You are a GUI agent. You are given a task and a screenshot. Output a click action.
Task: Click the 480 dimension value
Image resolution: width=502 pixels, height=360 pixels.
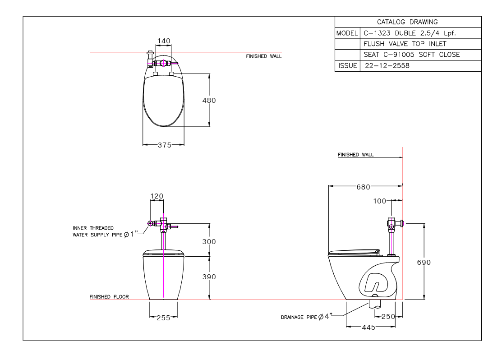[209, 100]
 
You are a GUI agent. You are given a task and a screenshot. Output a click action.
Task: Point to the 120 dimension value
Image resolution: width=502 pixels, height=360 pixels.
[157, 196]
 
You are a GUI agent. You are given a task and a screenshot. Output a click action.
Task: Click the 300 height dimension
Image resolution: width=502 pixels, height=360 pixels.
[209, 241]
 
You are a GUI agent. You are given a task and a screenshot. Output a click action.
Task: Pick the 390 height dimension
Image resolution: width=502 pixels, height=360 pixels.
[209, 277]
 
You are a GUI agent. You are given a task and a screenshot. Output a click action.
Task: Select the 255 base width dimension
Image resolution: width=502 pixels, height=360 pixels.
[163, 318]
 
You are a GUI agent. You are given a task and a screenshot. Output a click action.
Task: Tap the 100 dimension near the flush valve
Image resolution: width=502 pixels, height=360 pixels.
[380, 201]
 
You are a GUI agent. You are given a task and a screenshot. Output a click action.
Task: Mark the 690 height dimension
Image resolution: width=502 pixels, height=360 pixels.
[424, 263]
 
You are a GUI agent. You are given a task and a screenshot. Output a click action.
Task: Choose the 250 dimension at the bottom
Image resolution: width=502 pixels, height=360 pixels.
[388, 317]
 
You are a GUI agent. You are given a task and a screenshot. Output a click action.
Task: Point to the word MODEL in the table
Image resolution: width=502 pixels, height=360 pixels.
[346, 33]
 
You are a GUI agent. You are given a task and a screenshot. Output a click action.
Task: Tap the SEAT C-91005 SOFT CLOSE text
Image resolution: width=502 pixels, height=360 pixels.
[411, 55]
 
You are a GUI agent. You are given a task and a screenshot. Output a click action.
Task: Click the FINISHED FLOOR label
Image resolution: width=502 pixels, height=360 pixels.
[109, 297]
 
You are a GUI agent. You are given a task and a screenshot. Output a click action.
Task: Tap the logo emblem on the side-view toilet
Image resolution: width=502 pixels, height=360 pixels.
[375, 284]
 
